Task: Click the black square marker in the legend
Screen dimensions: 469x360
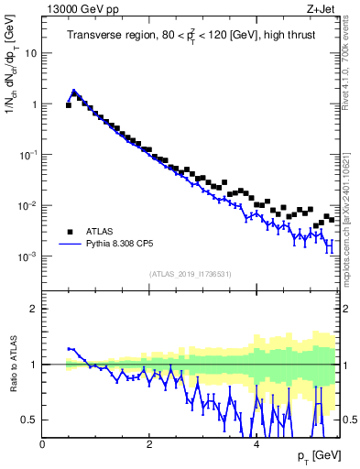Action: point(69,232)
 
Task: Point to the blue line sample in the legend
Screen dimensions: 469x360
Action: point(69,245)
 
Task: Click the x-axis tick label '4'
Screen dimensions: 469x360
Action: point(256,443)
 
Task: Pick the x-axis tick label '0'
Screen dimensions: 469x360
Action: point(43,443)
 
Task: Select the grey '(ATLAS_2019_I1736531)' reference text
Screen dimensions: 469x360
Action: point(190,274)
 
